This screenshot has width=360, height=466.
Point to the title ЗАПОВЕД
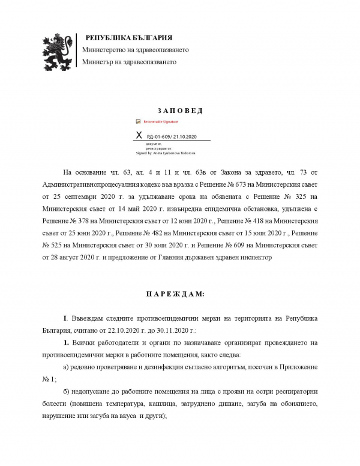pyautogui.click(x=179, y=110)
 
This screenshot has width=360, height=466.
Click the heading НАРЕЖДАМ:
pyautogui.click(x=179, y=294)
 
